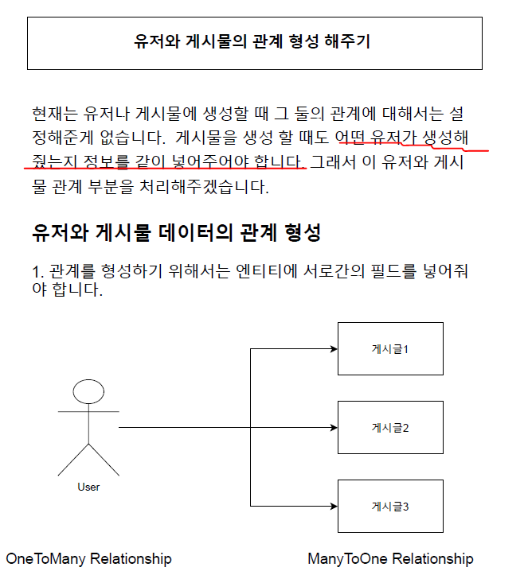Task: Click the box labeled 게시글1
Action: click(390, 348)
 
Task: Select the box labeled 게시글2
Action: click(390, 428)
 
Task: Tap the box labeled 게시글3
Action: click(390, 506)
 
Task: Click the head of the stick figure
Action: click(88, 392)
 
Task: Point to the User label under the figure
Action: click(88, 487)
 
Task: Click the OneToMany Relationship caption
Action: click(89, 558)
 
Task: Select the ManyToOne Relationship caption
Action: click(390, 558)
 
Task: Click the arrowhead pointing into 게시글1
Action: click(333, 348)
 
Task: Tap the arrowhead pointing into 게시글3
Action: click(333, 506)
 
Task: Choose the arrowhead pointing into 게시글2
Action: click(333, 428)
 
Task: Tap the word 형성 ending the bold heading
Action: click(303, 233)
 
